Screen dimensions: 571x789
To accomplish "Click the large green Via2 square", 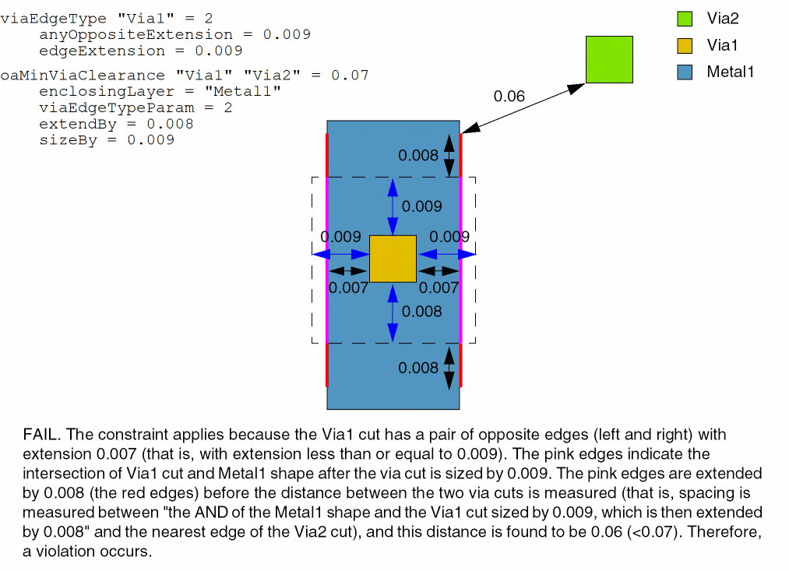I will [x=609, y=59].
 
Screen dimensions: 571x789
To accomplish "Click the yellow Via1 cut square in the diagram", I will [x=393, y=259].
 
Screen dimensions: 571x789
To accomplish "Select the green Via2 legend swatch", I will [x=685, y=19].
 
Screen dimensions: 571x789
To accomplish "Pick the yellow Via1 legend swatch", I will [x=685, y=45].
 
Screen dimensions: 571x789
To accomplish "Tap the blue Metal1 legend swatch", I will [x=685, y=72].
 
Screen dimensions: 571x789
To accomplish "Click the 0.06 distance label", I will [x=509, y=97].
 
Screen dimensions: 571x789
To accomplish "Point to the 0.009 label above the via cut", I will [x=422, y=206].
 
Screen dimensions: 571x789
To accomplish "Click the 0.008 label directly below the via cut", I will [x=422, y=312].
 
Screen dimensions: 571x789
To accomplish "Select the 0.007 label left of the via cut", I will [x=348, y=287].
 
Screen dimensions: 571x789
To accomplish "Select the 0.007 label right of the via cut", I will [x=439, y=287].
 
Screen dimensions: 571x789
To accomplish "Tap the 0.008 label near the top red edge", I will [x=418, y=156].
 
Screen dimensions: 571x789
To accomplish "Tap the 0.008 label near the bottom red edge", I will [x=418, y=368].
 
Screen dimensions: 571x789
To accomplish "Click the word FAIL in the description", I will [x=39, y=434].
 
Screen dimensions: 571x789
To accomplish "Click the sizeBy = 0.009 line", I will [x=107, y=140].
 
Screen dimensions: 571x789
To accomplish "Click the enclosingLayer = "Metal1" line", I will [x=160, y=92].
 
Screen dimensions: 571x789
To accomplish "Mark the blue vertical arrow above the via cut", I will [x=393, y=206].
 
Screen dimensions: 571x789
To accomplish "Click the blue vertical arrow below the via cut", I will [x=393, y=312].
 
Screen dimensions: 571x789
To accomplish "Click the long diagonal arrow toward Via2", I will [x=522, y=108].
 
